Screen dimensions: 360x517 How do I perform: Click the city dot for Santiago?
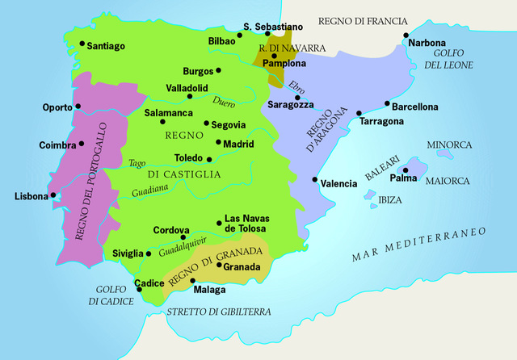click(x=82, y=44)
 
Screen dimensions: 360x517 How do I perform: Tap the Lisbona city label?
click(x=32, y=196)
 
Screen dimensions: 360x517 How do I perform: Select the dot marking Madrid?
click(x=216, y=144)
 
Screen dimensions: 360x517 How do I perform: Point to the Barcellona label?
click(x=415, y=107)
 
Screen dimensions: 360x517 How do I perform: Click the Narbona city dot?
click(x=406, y=36)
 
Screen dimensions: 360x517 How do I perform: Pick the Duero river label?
click(x=225, y=102)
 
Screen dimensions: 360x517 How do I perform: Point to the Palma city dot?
click(x=405, y=170)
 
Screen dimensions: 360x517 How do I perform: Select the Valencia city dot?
click(x=314, y=180)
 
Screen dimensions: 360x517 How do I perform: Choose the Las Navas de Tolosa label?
click(x=247, y=224)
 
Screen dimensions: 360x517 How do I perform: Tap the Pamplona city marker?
click(x=274, y=55)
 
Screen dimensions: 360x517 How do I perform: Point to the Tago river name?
click(x=137, y=163)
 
